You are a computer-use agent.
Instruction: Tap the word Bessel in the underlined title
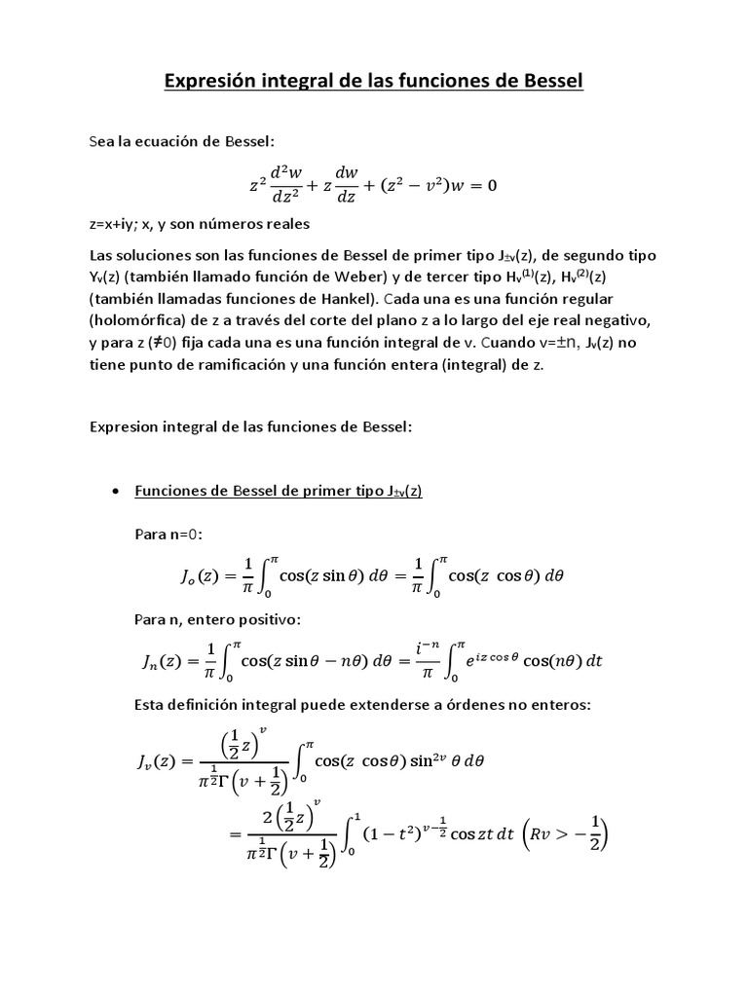(x=548, y=82)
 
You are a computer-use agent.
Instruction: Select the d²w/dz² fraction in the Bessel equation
(x=288, y=185)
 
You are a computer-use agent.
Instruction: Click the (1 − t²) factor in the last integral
(x=390, y=833)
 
